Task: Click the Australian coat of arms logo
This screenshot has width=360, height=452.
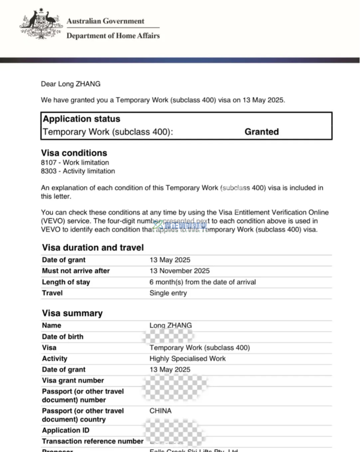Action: (x=40, y=25)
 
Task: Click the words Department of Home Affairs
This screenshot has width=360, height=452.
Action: (x=113, y=36)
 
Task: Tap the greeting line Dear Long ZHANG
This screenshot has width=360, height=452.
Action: (x=71, y=84)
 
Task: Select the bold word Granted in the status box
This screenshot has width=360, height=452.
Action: (x=261, y=132)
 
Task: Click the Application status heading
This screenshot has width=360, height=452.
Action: (x=81, y=119)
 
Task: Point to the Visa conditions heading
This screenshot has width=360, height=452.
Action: (x=74, y=153)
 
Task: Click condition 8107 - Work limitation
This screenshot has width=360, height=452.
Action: (x=75, y=163)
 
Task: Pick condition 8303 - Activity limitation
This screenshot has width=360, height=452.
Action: (x=78, y=171)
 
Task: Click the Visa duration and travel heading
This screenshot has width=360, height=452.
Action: (x=93, y=248)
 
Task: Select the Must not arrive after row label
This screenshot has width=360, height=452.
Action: (x=76, y=271)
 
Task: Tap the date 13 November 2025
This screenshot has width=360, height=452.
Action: (x=180, y=271)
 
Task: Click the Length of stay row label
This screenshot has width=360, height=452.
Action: (x=66, y=282)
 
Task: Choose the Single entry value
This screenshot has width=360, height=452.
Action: (x=168, y=293)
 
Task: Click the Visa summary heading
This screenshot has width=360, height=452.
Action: (x=72, y=313)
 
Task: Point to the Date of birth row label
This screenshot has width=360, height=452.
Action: (x=63, y=337)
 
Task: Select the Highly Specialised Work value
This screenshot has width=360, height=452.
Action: (x=188, y=358)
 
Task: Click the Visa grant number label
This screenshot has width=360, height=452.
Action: (x=73, y=380)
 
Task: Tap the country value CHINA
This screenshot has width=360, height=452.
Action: (x=160, y=411)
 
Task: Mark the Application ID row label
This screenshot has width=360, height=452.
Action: (x=66, y=430)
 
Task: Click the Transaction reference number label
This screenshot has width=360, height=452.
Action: (x=93, y=441)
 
